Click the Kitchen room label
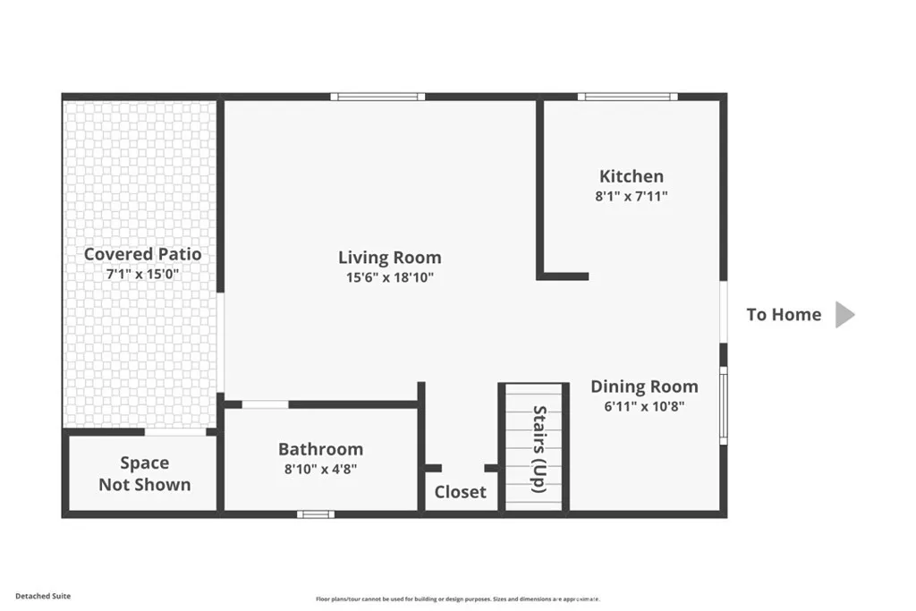point(632,176)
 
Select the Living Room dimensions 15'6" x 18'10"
point(389,277)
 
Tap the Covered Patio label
point(143,254)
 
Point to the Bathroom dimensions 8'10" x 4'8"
point(320,468)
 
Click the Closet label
point(461,492)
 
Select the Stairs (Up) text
point(539,449)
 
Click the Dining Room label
point(644,386)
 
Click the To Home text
point(784,314)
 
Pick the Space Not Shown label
point(144,474)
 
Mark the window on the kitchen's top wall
point(627,97)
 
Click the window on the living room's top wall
point(377,97)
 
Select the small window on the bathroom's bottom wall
point(315,513)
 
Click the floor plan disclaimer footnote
point(457,599)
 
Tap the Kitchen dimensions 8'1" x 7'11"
point(632,196)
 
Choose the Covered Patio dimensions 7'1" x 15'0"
point(143,274)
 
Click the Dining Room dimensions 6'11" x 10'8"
point(644,406)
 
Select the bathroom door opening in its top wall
point(266,404)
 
